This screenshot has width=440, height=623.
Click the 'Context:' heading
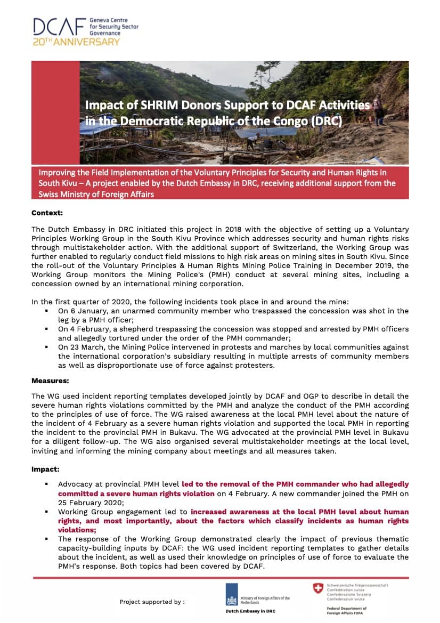pos(47,213)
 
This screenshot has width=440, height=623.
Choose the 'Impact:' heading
pos(45,470)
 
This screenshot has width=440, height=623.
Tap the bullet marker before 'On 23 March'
pos(47,347)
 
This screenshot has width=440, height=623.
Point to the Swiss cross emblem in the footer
pos(318,588)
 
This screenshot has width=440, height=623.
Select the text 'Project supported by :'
pos(152,602)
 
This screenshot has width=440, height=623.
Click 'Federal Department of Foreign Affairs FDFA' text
pos(346,610)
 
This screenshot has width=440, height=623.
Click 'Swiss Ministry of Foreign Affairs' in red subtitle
pos(96,194)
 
